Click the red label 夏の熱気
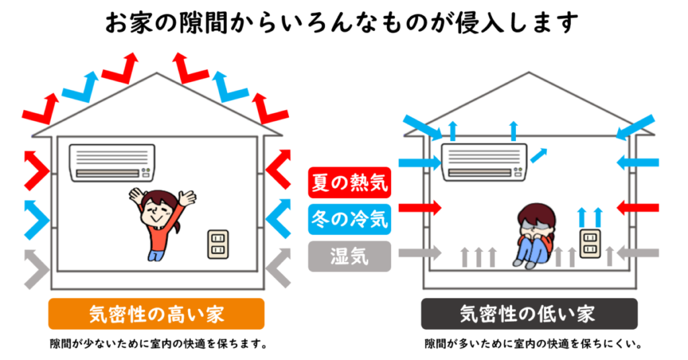coord(349,181)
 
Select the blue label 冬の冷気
coord(349,218)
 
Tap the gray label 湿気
coord(349,255)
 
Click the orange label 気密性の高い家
coord(156,314)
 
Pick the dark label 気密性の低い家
coord(529,314)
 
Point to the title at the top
coord(342,21)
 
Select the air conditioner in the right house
coord(484,162)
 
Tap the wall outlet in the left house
coord(217,244)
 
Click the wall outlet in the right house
coord(591,244)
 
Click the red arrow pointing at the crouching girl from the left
coord(420,208)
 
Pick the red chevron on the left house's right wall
coord(278,173)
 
